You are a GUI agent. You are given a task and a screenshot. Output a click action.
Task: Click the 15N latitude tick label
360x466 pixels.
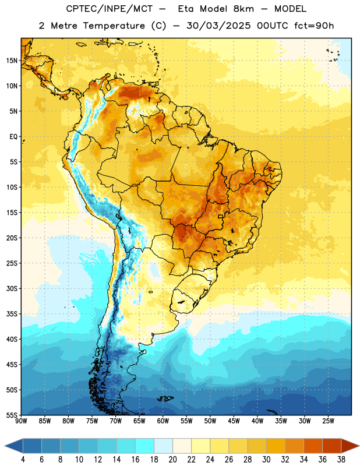tap(12, 61)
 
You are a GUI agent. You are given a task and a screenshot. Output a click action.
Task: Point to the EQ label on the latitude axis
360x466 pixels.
tap(13, 137)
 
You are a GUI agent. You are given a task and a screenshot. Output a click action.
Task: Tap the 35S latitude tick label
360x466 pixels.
tap(12, 314)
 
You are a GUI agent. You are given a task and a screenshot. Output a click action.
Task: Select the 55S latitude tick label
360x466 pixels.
tap(12, 415)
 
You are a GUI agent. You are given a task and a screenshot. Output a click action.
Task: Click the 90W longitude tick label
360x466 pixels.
tap(22, 421)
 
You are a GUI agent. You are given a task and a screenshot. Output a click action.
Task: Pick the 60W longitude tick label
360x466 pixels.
tap(163, 421)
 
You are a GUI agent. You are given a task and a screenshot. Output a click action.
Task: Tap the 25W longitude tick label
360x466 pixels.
tap(328, 421)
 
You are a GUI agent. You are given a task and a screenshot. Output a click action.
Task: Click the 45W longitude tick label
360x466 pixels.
tap(234, 421)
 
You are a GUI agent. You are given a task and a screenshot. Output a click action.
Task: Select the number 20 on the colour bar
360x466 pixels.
tap(172, 460)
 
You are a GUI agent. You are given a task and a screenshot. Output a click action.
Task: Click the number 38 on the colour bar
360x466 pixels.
tap(341, 460)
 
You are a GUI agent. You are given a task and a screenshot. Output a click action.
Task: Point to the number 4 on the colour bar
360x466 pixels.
tap(23, 460)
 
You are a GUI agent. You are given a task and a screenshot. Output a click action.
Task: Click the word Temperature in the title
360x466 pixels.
tap(114, 26)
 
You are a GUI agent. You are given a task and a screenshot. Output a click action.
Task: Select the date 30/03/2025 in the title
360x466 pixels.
tap(218, 26)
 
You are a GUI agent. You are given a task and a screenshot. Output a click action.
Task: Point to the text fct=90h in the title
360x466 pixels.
tap(314, 26)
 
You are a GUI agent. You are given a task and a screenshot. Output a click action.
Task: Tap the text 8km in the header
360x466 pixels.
tap(243, 9)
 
